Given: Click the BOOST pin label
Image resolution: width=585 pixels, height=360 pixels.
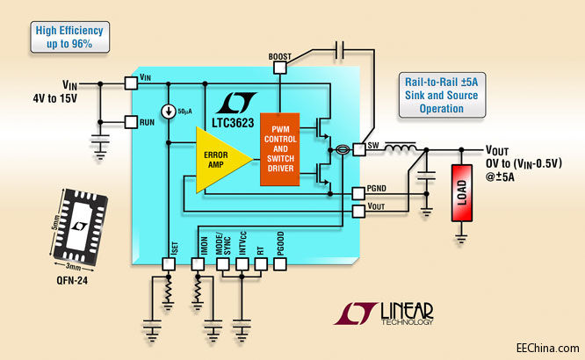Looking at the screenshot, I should (x=278, y=57).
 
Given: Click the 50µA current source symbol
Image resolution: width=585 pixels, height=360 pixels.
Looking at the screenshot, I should (x=167, y=112).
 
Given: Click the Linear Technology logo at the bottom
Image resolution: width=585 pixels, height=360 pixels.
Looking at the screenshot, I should (x=386, y=313).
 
